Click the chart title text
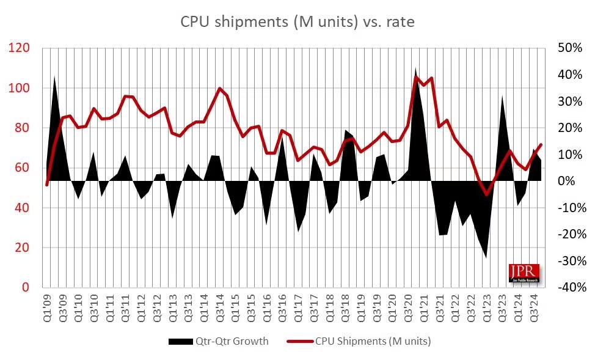point(297,23)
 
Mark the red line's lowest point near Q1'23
point(486,194)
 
